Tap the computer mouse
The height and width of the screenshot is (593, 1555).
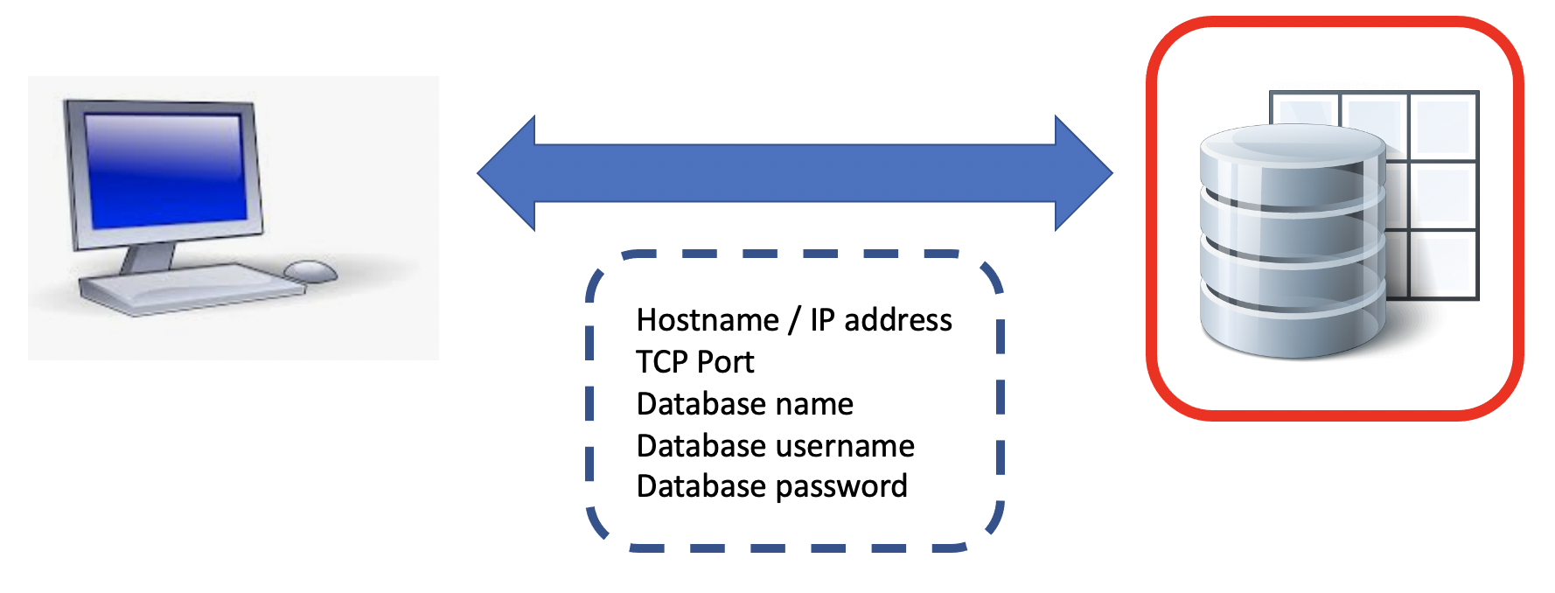(x=310, y=271)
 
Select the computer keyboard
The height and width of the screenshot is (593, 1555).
(x=188, y=289)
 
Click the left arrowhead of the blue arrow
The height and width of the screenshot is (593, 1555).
(x=507, y=173)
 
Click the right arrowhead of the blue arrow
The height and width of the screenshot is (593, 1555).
(x=1083, y=173)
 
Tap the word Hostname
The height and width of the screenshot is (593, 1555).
(x=708, y=320)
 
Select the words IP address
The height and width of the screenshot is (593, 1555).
(x=881, y=320)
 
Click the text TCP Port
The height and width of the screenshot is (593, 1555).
(x=694, y=362)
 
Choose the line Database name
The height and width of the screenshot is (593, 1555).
(x=744, y=404)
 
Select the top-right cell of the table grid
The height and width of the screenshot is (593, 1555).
(x=1443, y=125)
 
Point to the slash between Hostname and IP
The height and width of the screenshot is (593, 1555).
(x=794, y=320)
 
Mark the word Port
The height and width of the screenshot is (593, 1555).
(x=725, y=362)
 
